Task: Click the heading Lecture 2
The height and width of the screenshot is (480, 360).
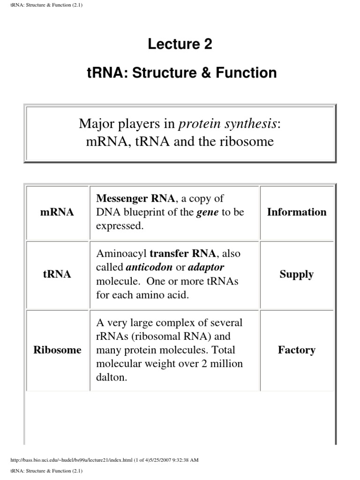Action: click(x=180, y=44)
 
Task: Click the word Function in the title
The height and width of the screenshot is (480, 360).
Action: click(x=249, y=73)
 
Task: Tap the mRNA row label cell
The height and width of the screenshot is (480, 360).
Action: click(x=57, y=212)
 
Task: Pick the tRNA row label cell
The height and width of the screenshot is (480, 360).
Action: click(x=57, y=274)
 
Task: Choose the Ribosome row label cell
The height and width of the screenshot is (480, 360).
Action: click(x=57, y=350)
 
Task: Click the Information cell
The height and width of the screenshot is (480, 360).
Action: click(x=296, y=212)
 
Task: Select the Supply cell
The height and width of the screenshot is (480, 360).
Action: click(x=296, y=274)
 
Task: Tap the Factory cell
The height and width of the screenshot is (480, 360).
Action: click(x=296, y=350)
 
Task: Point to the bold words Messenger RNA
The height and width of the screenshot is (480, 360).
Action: click(x=135, y=198)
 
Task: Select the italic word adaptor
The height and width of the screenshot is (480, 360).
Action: click(x=206, y=267)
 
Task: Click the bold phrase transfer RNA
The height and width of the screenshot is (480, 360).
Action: click(x=183, y=254)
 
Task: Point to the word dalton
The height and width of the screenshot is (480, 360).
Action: click(x=111, y=378)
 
